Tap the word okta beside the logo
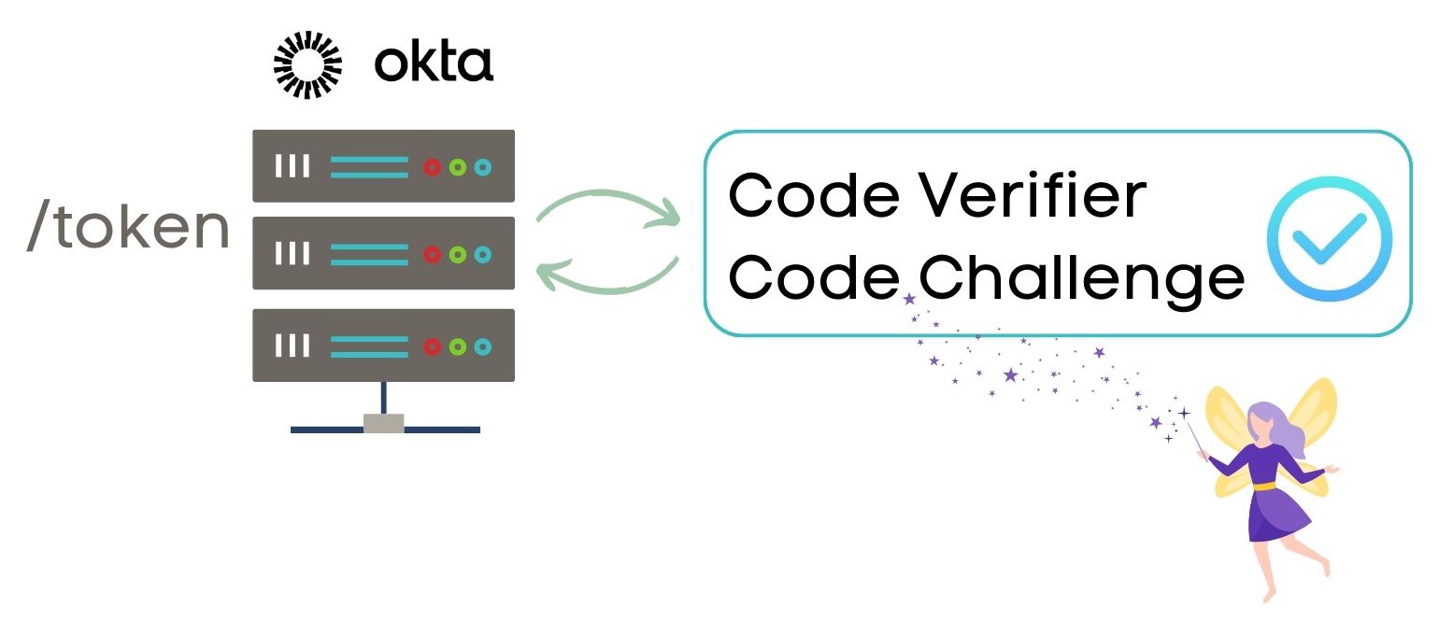(433, 63)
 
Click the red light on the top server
(433, 167)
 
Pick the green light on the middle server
(457, 254)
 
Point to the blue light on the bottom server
(482, 346)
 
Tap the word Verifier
(1034, 196)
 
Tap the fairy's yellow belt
(1262, 486)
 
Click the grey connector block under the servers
(383, 423)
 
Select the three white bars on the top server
(292, 167)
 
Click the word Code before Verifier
(814, 196)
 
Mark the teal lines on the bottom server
(369, 346)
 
